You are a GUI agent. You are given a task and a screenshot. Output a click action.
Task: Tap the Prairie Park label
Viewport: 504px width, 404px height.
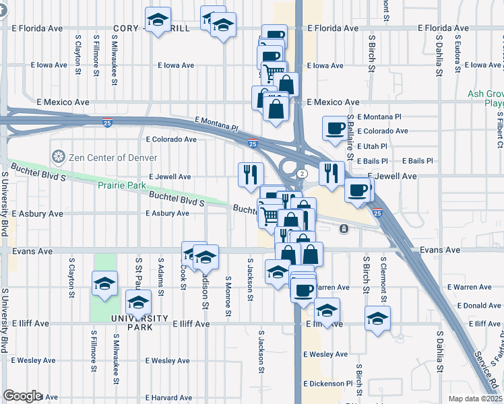[x=123, y=184]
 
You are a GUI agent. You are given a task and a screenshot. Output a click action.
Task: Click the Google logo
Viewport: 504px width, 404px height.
[x=22, y=396]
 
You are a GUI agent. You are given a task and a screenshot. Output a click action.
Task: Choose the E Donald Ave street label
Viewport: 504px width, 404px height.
[x=478, y=305]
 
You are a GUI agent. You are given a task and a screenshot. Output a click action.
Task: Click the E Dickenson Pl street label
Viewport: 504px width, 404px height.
[x=328, y=383]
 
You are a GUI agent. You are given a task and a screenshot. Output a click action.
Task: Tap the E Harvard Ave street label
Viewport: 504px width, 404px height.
[x=168, y=397]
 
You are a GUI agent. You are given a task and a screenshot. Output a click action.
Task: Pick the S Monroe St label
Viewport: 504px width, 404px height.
[x=228, y=296]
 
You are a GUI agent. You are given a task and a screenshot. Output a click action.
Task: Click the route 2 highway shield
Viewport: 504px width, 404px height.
[x=303, y=174]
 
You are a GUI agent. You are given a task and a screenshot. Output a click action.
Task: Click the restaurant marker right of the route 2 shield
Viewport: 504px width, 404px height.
[x=332, y=174]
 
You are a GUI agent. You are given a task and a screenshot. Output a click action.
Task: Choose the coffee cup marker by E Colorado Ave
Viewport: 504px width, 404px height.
[x=335, y=129]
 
